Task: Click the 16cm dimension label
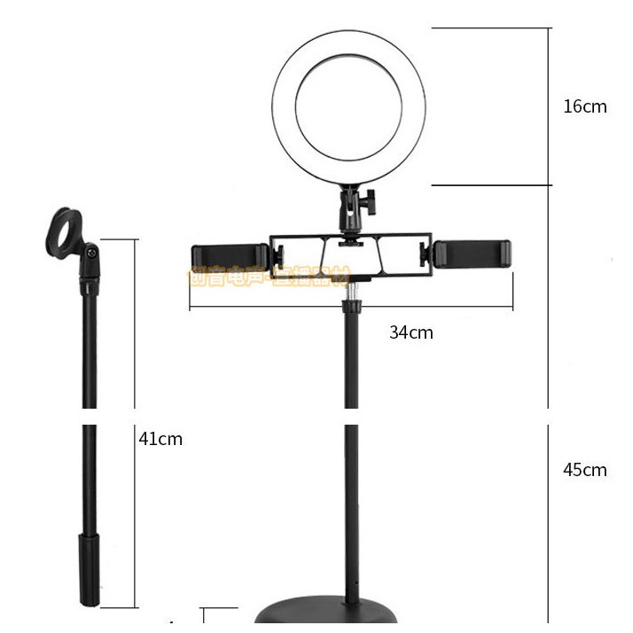[x=584, y=106]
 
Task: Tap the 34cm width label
[x=411, y=332]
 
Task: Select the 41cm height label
[x=160, y=438]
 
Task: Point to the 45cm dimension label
[x=584, y=470]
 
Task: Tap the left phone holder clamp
[x=230, y=254]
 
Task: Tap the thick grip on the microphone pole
[x=90, y=567]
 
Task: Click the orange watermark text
[x=270, y=277]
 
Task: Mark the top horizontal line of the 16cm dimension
[x=492, y=27]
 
